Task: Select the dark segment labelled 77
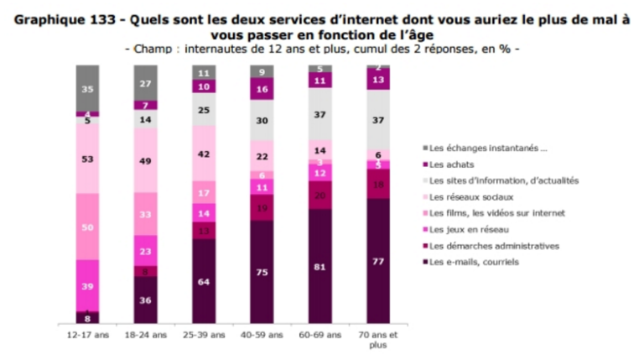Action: click(x=377, y=261)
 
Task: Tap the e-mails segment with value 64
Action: click(x=204, y=282)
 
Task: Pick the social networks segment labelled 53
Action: click(x=87, y=159)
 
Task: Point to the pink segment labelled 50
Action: click(x=87, y=227)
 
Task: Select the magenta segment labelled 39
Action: click(x=87, y=285)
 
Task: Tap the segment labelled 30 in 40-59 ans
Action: click(x=262, y=120)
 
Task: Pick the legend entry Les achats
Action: click(x=453, y=164)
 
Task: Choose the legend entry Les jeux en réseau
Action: click(x=469, y=229)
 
